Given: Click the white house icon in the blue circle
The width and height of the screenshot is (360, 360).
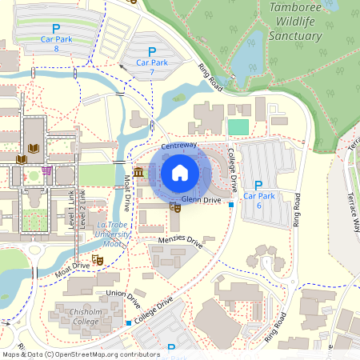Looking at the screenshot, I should [x=179, y=172].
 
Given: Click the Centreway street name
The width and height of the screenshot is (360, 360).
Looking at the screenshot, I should [x=178, y=146].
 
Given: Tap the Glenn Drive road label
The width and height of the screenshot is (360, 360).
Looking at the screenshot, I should [x=201, y=199].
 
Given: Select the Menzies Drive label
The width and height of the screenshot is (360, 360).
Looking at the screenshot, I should [x=180, y=242].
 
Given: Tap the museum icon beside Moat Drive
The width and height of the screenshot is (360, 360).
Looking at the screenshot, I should [x=138, y=173].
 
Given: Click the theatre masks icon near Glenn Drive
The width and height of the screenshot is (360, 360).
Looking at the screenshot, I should [x=175, y=208].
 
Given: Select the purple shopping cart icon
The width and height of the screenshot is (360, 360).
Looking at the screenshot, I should [x=48, y=170].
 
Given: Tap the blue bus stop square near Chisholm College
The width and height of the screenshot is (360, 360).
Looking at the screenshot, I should [x=129, y=323].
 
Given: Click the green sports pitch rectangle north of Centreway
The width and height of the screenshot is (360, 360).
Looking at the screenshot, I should [x=238, y=126].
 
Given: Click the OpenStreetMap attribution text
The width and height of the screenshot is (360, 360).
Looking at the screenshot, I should [x=81, y=354].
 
